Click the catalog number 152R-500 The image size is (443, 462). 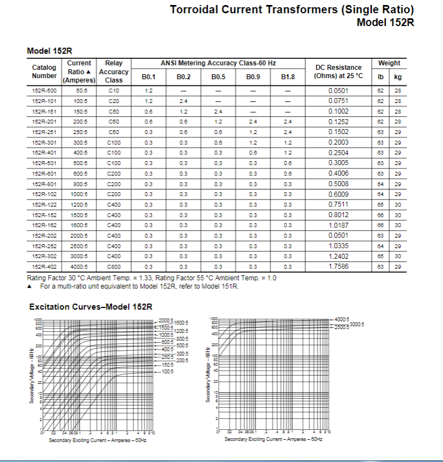click(x=44, y=90)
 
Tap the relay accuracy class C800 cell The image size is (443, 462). click(x=114, y=267)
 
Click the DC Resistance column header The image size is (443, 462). click(x=338, y=71)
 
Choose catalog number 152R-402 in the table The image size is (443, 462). click(x=44, y=267)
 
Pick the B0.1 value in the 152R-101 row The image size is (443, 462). click(x=148, y=101)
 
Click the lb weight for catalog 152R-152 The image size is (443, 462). click(x=380, y=215)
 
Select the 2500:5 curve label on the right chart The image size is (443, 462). click(x=341, y=327)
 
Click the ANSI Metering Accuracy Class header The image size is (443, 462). click(x=218, y=63)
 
